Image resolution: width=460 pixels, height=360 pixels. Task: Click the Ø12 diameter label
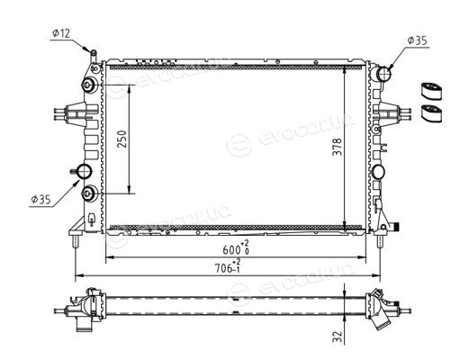[x=61, y=33]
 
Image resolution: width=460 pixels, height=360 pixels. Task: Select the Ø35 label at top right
[x=417, y=40]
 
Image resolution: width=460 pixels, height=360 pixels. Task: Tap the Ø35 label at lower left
[x=41, y=200]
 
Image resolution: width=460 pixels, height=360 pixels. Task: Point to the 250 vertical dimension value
[x=122, y=139]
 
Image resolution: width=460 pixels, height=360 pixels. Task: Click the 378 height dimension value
[x=338, y=147]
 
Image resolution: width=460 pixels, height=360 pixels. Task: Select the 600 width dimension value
[x=231, y=250]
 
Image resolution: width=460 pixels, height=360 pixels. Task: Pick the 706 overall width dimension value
[x=224, y=268]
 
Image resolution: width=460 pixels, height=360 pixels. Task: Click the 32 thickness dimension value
[x=338, y=337]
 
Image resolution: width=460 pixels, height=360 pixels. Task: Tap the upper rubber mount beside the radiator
[x=431, y=90]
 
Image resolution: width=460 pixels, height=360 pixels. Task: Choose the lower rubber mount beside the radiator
[x=431, y=113]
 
